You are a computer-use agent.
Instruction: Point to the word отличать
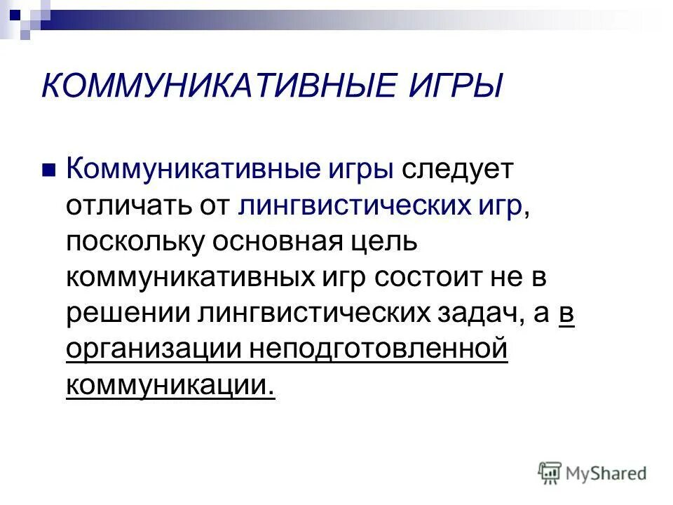128,206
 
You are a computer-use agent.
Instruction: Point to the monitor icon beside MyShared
550,473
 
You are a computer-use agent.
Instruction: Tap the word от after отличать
214,206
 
